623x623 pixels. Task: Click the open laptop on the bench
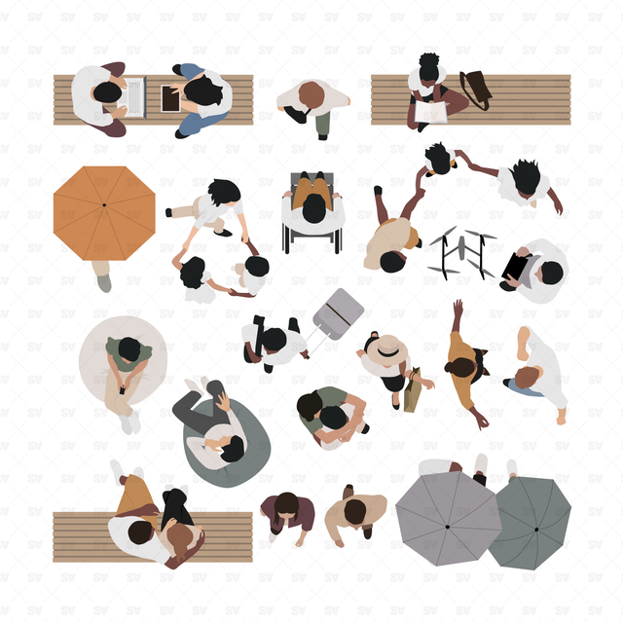coord(133,97)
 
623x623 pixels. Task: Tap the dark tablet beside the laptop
coord(170,98)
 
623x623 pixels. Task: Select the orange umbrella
coord(104,213)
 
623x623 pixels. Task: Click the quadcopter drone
coord(462,253)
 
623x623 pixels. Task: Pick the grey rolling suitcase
coord(338,313)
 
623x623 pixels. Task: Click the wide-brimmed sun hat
coord(387,349)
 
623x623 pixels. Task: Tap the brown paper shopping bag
coord(413,390)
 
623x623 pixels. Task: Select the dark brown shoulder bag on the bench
coord(476,90)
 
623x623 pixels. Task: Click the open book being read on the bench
coord(431,112)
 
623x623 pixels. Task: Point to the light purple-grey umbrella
coord(448,518)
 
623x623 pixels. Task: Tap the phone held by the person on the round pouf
coord(123,390)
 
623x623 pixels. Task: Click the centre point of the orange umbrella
coord(104,205)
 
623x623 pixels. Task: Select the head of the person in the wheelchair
coord(313,208)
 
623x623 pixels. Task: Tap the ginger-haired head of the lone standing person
coord(311,95)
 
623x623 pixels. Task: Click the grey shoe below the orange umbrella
coord(104,283)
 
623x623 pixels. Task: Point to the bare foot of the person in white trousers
coord(561,417)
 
